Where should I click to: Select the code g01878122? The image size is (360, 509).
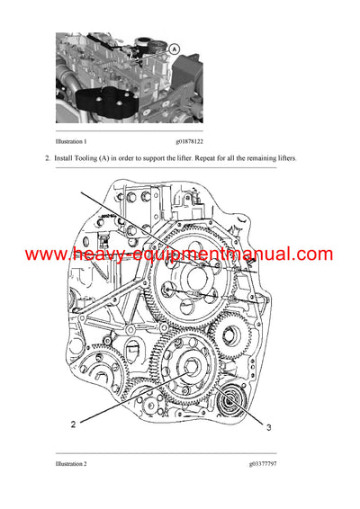point(196,142)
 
